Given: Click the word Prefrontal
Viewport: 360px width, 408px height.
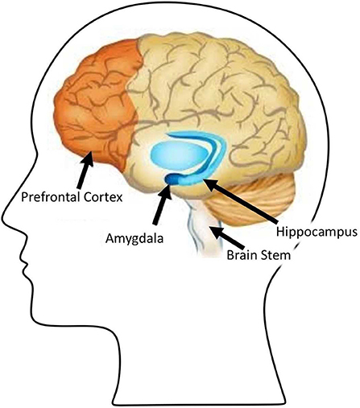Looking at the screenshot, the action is pyautogui.click(x=51, y=197).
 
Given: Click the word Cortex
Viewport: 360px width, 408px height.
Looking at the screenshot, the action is pyautogui.click(x=103, y=197).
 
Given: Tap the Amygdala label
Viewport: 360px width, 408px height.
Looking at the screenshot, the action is pyautogui.click(x=134, y=239).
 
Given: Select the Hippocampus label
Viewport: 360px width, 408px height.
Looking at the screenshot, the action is pyautogui.click(x=317, y=233).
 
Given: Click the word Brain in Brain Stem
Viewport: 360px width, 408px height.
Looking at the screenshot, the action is pyautogui.click(x=241, y=255).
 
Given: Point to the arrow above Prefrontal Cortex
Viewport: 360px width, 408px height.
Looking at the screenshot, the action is pyautogui.click(x=85, y=170).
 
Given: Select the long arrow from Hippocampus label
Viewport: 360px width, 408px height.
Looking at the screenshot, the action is pyautogui.click(x=241, y=201).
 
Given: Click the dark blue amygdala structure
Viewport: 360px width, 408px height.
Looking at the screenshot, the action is pyautogui.click(x=172, y=179).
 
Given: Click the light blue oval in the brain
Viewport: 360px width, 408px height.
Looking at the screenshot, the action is pyautogui.click(x=180, y=155).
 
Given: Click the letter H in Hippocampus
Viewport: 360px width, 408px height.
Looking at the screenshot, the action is pyautogui.click(x=280, y=231).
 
